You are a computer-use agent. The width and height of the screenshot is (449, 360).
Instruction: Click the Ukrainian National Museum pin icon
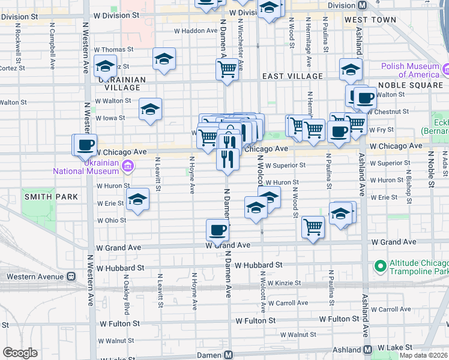coord(127,164)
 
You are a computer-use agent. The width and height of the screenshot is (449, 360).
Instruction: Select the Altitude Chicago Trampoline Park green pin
coord(379,265)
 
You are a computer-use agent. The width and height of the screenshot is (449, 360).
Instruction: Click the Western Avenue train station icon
coord(71,277)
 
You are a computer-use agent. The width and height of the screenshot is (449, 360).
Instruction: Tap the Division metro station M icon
coord(362,5)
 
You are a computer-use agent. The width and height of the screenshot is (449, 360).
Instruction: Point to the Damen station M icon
coord(228,355)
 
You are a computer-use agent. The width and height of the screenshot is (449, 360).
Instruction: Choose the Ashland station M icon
coord(367,349)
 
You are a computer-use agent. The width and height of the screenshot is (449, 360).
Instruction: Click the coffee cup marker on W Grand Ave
coord(217,229)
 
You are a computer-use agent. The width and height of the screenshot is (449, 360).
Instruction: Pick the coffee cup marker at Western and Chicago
coord(86,145)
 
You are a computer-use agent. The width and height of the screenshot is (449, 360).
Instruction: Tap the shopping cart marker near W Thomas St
coord(227,69)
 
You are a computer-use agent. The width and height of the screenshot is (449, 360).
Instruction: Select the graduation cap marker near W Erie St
coord(137,200)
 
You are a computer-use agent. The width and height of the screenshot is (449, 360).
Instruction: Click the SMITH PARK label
coord(43,196)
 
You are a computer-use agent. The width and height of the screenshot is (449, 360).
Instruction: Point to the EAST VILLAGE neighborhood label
coord(293,77)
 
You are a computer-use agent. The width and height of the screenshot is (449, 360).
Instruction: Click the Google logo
coord(20,353)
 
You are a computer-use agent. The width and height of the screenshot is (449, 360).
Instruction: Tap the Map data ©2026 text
coord(423,355)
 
